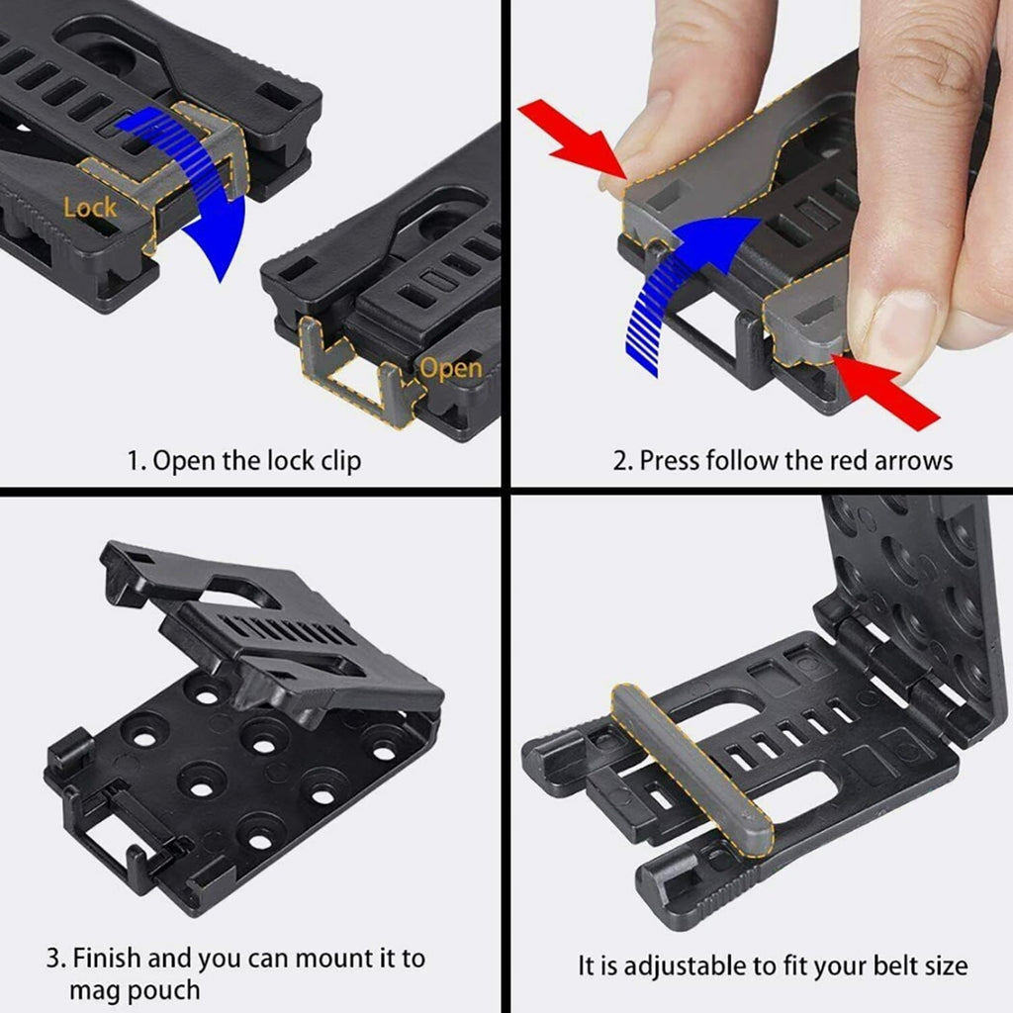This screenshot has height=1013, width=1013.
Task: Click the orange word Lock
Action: (x=90, y=208)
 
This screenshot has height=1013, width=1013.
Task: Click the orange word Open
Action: (x=450, y=369)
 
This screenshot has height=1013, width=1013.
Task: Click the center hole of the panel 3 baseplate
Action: (x=203, y=788)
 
